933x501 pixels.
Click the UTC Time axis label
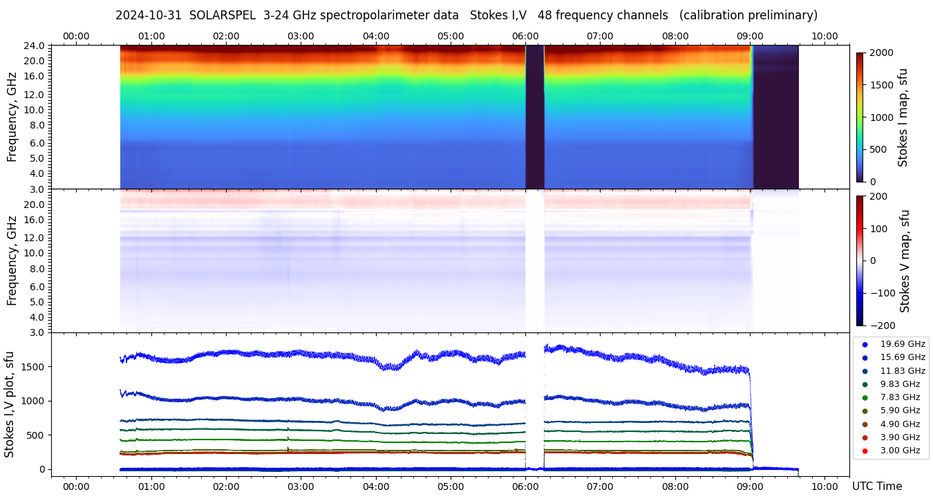(877, 486)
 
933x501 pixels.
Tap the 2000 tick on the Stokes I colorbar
(880, 53)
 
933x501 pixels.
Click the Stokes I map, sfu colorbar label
(903, 117)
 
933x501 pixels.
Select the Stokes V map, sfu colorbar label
(905, 261)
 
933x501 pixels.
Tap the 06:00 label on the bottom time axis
(525, 486)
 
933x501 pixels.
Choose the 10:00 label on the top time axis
(824, 36)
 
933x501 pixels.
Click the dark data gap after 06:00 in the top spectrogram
(535, 117)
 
